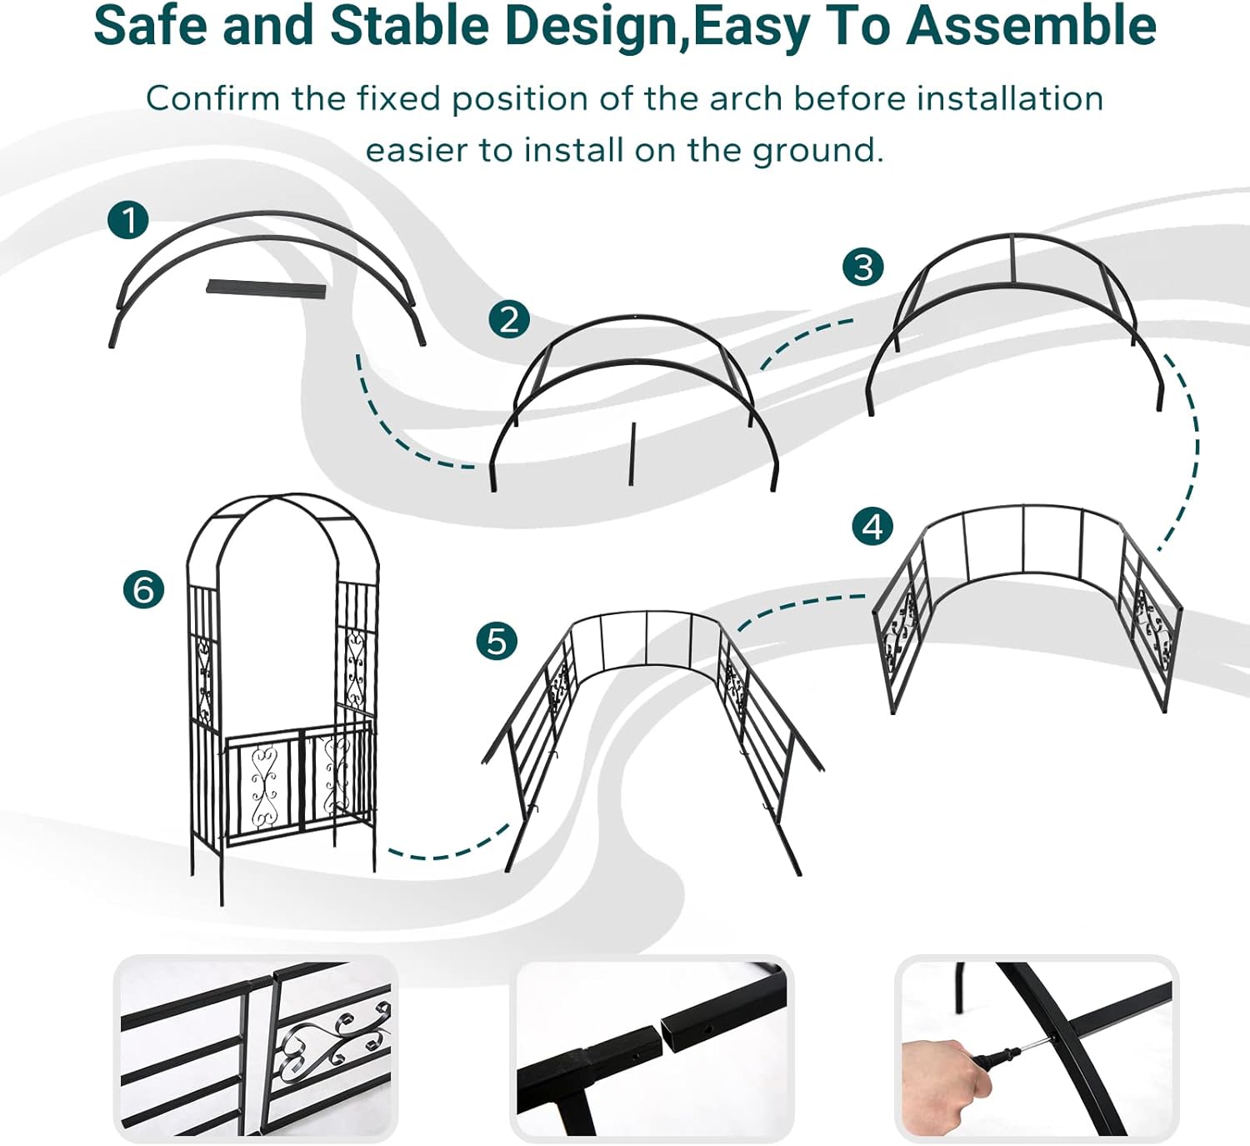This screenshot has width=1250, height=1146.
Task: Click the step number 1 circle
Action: click(x=127, y=220)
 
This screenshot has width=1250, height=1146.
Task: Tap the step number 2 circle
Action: click(x=509, y=319)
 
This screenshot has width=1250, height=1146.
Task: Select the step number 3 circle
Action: click(x=863, y=267)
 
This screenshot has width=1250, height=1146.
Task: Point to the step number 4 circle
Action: click(x=872, y=526)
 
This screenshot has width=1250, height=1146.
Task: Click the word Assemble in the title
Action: click(x=1031, y=26)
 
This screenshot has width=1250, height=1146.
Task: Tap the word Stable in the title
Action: click(x=409, y=26)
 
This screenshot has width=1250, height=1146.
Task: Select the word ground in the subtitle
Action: click(x=817, y=152)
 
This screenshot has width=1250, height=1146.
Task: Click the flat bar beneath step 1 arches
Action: click(x=267, y=288)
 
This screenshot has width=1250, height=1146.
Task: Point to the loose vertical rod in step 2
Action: click(x=632, y=454)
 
